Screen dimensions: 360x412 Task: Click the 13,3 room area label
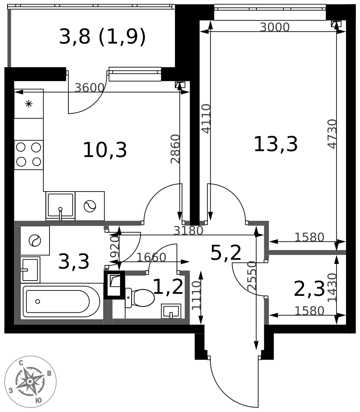coord(275,144)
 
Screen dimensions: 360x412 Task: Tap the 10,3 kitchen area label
coord(105,150)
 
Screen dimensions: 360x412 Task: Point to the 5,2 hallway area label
coord(226,253)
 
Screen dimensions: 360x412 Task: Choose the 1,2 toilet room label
coord(168,287)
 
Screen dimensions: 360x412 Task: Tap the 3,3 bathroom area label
coord(74,262)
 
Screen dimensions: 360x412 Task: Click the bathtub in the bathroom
coord(62,302)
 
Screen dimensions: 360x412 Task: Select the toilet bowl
coord(140,298)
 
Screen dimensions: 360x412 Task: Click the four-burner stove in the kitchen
coord(29,155)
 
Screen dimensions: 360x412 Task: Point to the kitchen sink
coord(60,206)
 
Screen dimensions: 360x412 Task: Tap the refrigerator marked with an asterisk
coord(29,104)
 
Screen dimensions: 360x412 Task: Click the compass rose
coord(31,382)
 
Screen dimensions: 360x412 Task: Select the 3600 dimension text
coord(89,88)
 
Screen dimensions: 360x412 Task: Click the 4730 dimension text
coord(332,134)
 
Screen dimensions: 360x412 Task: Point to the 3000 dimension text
coord(275,27)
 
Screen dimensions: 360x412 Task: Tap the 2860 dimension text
coord(175,149)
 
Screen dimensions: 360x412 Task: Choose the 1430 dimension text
coord(332,288)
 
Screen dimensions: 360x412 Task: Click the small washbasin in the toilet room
coord(171,311)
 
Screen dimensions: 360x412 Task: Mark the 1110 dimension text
coord(196,295)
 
